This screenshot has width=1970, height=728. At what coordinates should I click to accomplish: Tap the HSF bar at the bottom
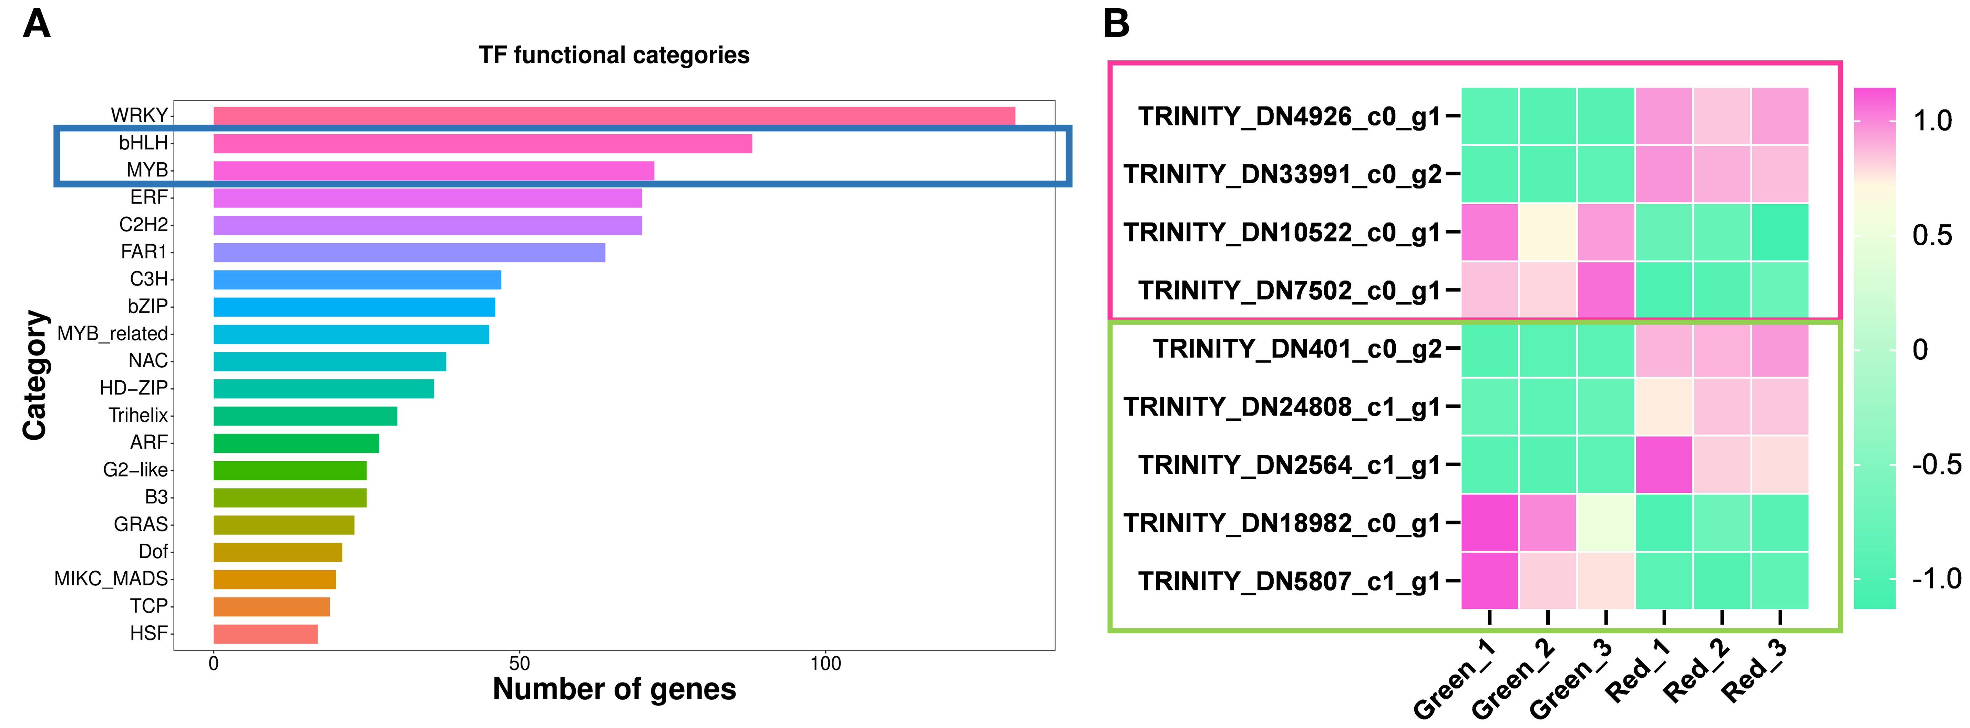coord(265,633)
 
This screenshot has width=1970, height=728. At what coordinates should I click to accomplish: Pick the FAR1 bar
coord(409,252)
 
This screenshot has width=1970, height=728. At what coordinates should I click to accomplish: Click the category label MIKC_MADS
coord(111,579)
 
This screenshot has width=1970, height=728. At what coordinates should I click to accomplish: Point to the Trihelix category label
coord(138,415)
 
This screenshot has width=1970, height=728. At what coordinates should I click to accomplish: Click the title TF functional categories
coord(614,55)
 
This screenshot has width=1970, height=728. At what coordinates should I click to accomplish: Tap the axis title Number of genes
coord(614,689)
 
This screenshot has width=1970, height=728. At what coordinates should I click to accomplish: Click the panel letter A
coord(37,24)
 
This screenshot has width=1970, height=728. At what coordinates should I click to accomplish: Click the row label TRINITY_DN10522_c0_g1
coord(1282,233)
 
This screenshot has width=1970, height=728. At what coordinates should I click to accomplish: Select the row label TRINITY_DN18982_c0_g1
coord(1282,524)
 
